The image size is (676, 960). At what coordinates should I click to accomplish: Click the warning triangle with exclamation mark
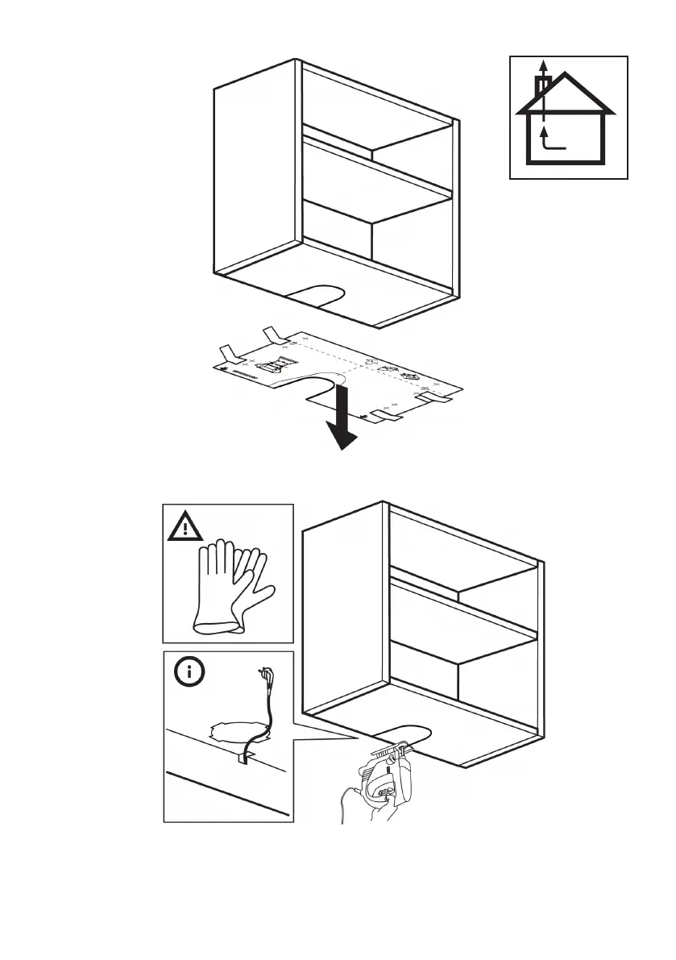(186, 528)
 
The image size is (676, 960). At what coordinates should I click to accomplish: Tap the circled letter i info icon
(186, 672)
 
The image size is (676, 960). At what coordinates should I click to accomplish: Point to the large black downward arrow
(341, 419)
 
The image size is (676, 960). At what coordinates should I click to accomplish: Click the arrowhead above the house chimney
(544, 65)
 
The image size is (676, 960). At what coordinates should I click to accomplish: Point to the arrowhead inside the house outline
(544, 129)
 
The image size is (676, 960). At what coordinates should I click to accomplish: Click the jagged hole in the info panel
(238, 731)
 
